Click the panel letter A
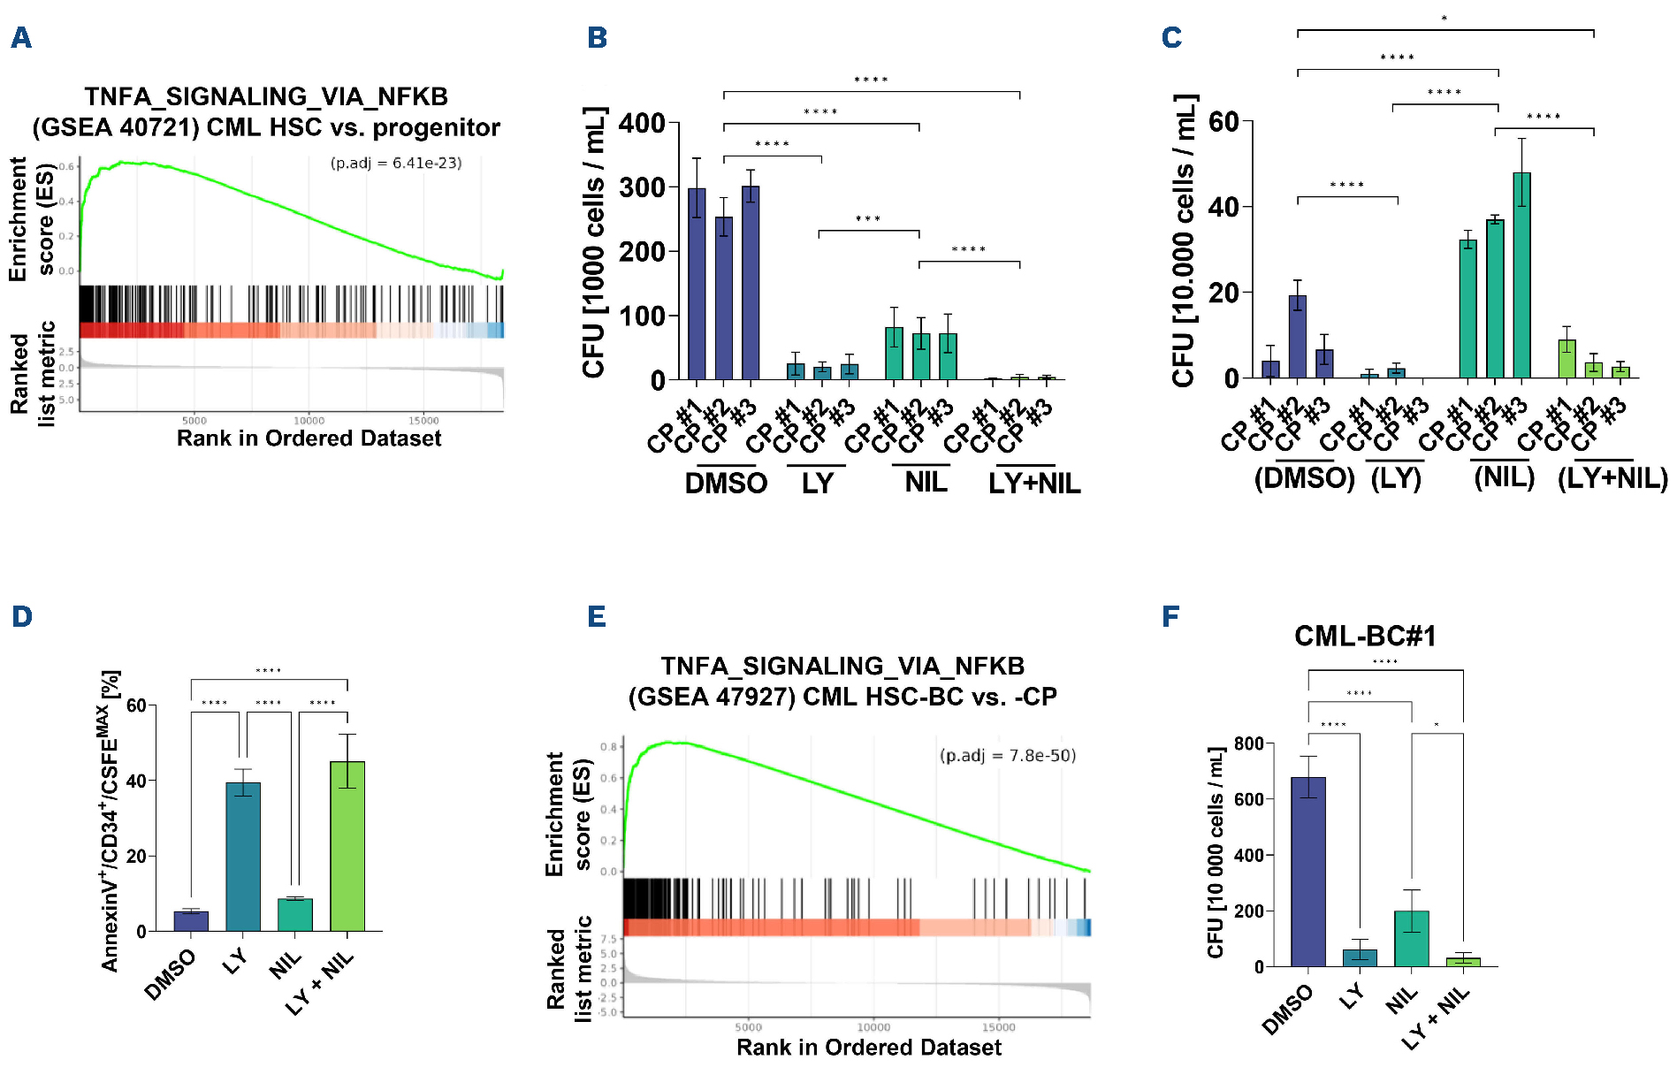[x=21, y=38]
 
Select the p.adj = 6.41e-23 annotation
[x=396, y=163]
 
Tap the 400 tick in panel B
[x=642, y=123]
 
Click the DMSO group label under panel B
[x=726, y=484]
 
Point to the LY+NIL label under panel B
[x=1034, y=484]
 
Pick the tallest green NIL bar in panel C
[x=1521, y=275]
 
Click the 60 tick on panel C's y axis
[x=1223, y=121]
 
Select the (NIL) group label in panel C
[x=1504, y=477]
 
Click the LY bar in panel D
[x=243, y=856]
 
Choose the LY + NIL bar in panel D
[x=347, y=845]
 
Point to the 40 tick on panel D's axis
[x=136, y=781]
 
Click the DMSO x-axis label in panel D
[x=171, y=974]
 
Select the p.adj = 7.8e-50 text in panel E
[x=1007, y=756]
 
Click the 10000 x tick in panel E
[x=873, y=1027]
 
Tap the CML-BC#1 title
[x=1365, y=636]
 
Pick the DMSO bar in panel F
[x=1307, y=871]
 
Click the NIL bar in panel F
[x=1411, y=938]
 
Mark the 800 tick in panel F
[x=1248, y=743]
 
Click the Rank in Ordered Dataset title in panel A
[x=309, y=438]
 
